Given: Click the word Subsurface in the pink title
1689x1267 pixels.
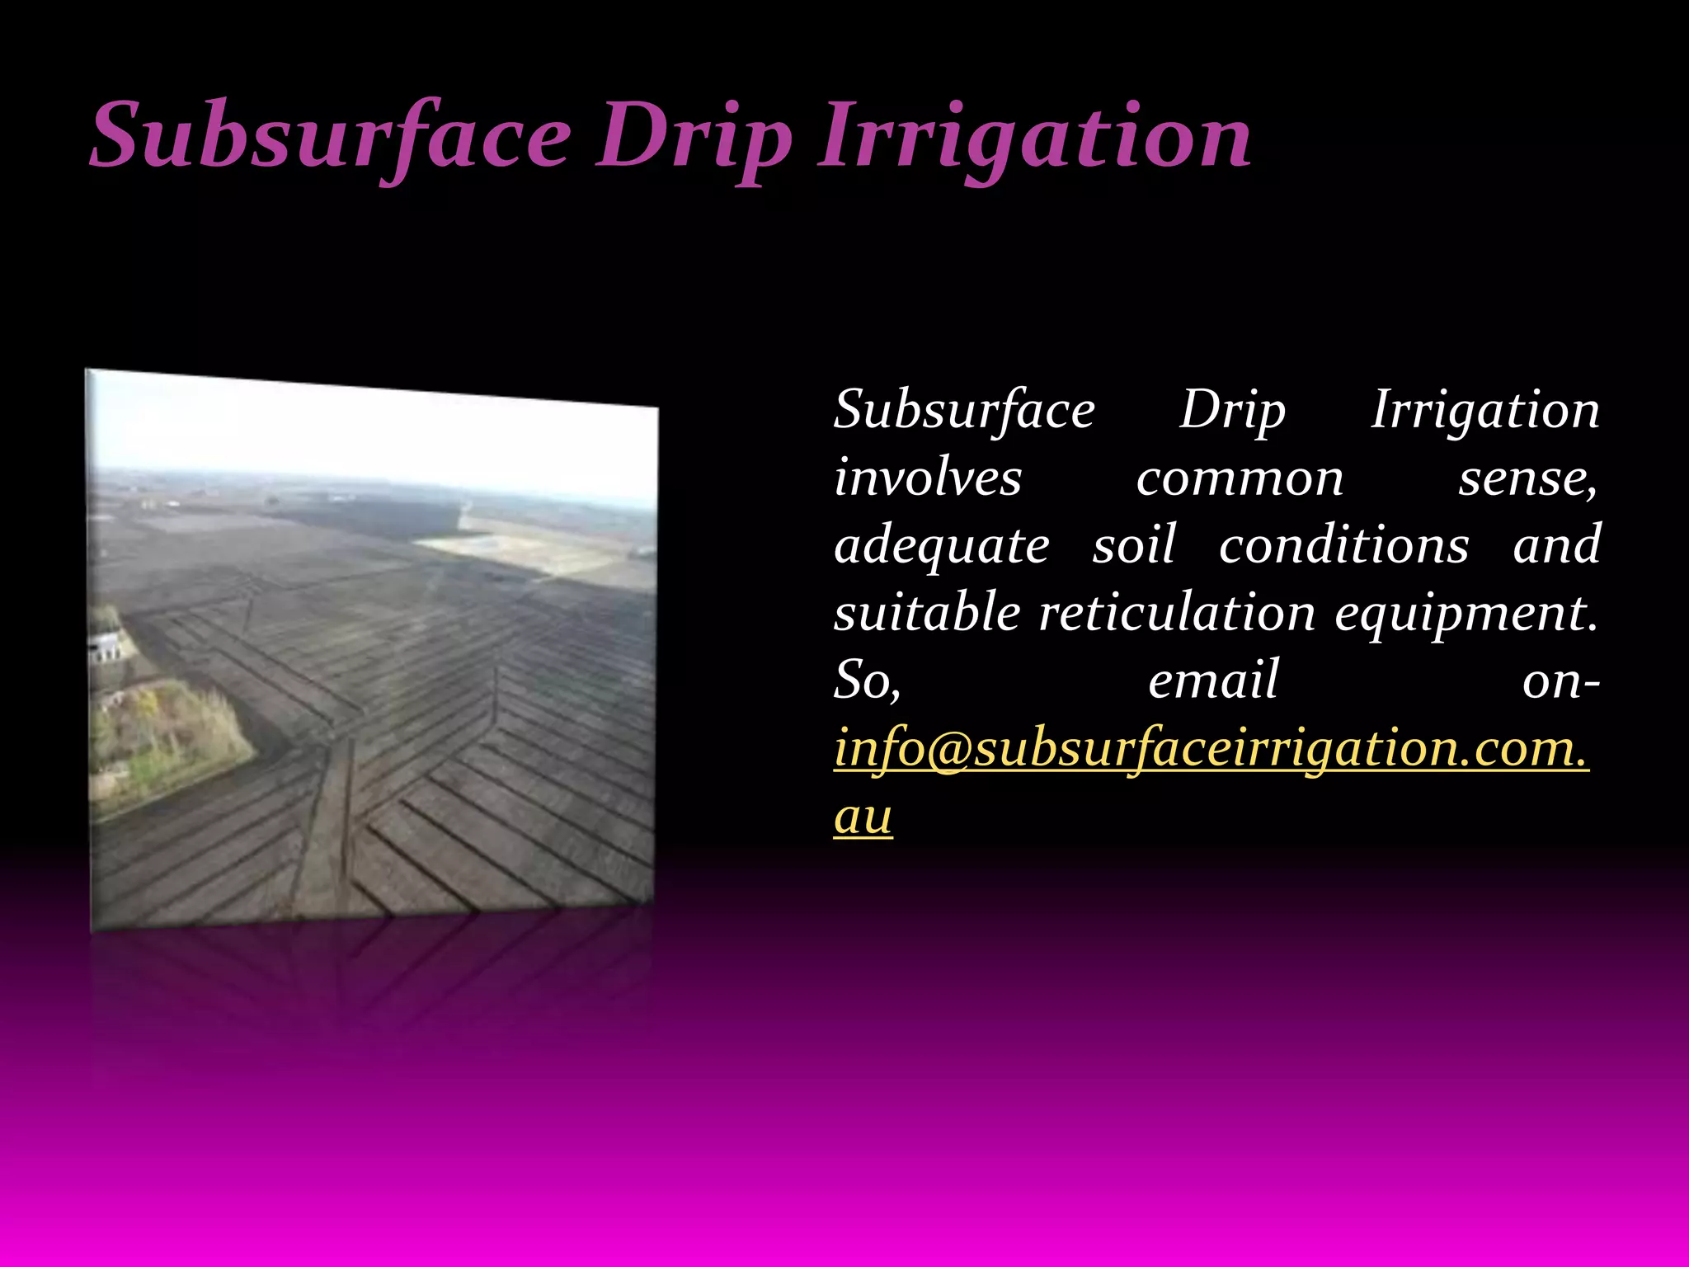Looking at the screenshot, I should click(330, 135).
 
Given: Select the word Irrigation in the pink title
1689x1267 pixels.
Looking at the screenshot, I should click(1034, 135).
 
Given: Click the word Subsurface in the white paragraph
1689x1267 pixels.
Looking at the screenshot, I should click(964, 410).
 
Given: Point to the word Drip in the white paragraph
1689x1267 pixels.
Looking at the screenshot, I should click(1232, 410).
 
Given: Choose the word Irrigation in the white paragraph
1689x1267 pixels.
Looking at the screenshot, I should click(1484, 410).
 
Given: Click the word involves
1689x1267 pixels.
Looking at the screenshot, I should click(928, 478).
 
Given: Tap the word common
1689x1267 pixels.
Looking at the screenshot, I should click(1240, 478).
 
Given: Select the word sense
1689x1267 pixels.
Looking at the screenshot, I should click(1526, 478).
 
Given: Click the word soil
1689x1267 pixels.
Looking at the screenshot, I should click(1134, 544).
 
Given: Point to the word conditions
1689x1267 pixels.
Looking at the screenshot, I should click(1343, 544).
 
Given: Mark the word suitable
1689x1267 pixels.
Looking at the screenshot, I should click(927, 613).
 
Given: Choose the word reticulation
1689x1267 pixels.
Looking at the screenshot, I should click(1177, 613).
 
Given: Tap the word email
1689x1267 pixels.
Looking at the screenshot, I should click(1213, 681).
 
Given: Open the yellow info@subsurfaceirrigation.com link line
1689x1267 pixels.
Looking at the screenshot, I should click(1211, 749).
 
